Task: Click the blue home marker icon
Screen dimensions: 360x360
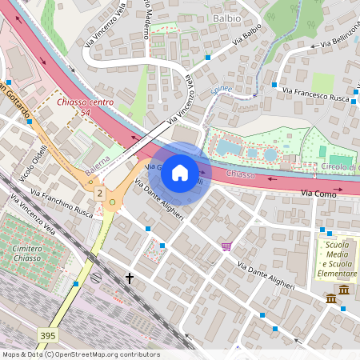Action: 180,172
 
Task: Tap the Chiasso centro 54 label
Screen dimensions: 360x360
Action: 85,109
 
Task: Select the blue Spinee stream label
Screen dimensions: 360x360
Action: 221,88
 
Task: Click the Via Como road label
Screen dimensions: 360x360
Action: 318,194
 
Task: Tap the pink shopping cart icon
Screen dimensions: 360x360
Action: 226,246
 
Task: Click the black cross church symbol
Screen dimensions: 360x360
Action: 130,278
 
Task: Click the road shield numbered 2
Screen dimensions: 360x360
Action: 99,194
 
